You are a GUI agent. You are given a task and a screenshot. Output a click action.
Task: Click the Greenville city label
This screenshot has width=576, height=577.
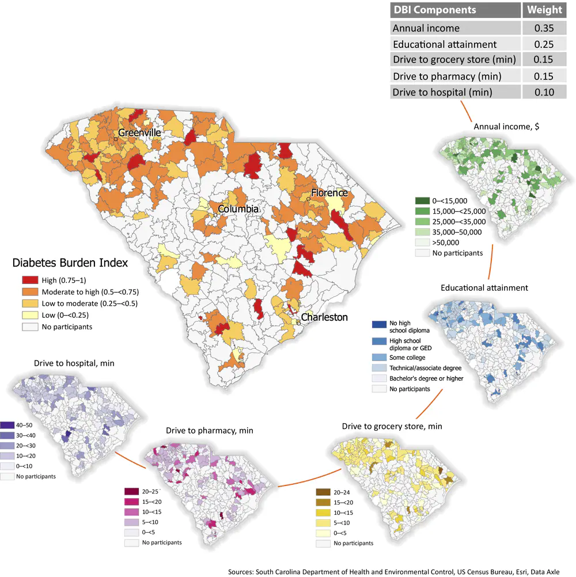click(139, 133)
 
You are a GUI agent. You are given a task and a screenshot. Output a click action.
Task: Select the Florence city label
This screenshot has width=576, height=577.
click(329, 192)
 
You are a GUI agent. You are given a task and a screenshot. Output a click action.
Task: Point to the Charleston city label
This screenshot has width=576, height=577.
click(324, 317)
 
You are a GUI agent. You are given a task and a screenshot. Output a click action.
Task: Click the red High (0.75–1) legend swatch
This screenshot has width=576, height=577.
click(30, 280)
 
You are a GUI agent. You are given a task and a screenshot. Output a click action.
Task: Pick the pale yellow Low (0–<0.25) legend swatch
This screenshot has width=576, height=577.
click(30, 315)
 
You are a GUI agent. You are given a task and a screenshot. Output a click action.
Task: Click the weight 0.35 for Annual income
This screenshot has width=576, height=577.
click(541, 28)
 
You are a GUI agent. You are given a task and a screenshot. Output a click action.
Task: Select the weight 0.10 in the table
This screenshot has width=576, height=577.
click(541, 92)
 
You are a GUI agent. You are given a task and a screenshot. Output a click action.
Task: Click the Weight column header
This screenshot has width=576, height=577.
click(541, 10)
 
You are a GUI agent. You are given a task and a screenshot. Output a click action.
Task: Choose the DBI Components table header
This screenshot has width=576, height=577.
click(434, 10)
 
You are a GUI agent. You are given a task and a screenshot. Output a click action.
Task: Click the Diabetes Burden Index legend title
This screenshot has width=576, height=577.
click(70, 263)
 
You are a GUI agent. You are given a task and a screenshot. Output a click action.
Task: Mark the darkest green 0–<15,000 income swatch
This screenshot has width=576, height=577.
click(422, 200)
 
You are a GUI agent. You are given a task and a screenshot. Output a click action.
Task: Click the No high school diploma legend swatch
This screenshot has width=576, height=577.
click(378, 325)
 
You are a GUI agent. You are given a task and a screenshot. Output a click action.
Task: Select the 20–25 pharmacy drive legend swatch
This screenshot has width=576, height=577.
click(131, 491)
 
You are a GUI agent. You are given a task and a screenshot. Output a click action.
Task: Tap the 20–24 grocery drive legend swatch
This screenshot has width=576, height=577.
click(323, 492)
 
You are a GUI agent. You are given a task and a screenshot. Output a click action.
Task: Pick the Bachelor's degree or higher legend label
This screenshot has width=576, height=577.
click(427, 378)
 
